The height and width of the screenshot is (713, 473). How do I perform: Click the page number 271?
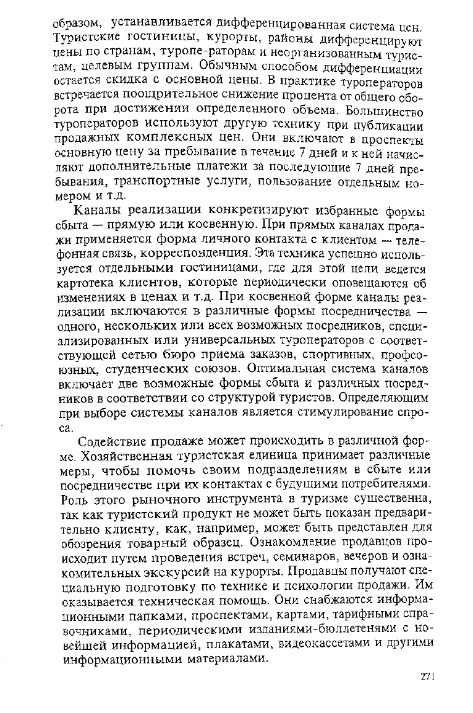(x=427, y=676)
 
